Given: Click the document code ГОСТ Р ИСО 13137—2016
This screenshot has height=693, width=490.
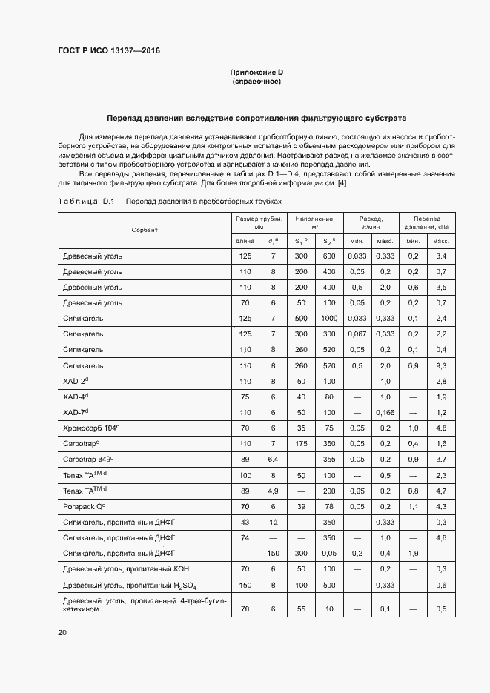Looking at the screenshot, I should click(109, 51).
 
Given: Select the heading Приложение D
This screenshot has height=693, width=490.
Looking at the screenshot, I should click(256, 72).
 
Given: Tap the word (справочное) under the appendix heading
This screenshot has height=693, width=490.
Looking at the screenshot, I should click(256, 82).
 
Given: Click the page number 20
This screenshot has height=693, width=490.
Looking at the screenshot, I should click(62, 632).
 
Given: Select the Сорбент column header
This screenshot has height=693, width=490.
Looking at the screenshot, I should click(145, 231).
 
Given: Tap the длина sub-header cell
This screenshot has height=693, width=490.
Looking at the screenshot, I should click(245, 241).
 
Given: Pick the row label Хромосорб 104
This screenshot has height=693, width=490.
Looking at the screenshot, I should click(91, 428).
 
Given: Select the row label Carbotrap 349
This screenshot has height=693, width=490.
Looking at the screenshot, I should click(86, 460).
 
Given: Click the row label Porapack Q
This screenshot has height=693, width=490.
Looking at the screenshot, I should click(85, 506).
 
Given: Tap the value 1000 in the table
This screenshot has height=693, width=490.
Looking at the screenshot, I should click(329, 318).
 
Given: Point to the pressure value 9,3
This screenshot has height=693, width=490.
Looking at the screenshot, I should click(441, 365).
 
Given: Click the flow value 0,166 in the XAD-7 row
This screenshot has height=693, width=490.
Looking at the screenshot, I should click(385, 412).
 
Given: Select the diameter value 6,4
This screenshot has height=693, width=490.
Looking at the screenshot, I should click(273, 460).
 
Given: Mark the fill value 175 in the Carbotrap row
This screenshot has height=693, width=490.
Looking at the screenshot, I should click(301, 443).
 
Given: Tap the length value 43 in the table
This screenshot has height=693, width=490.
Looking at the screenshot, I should click(245, 522).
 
